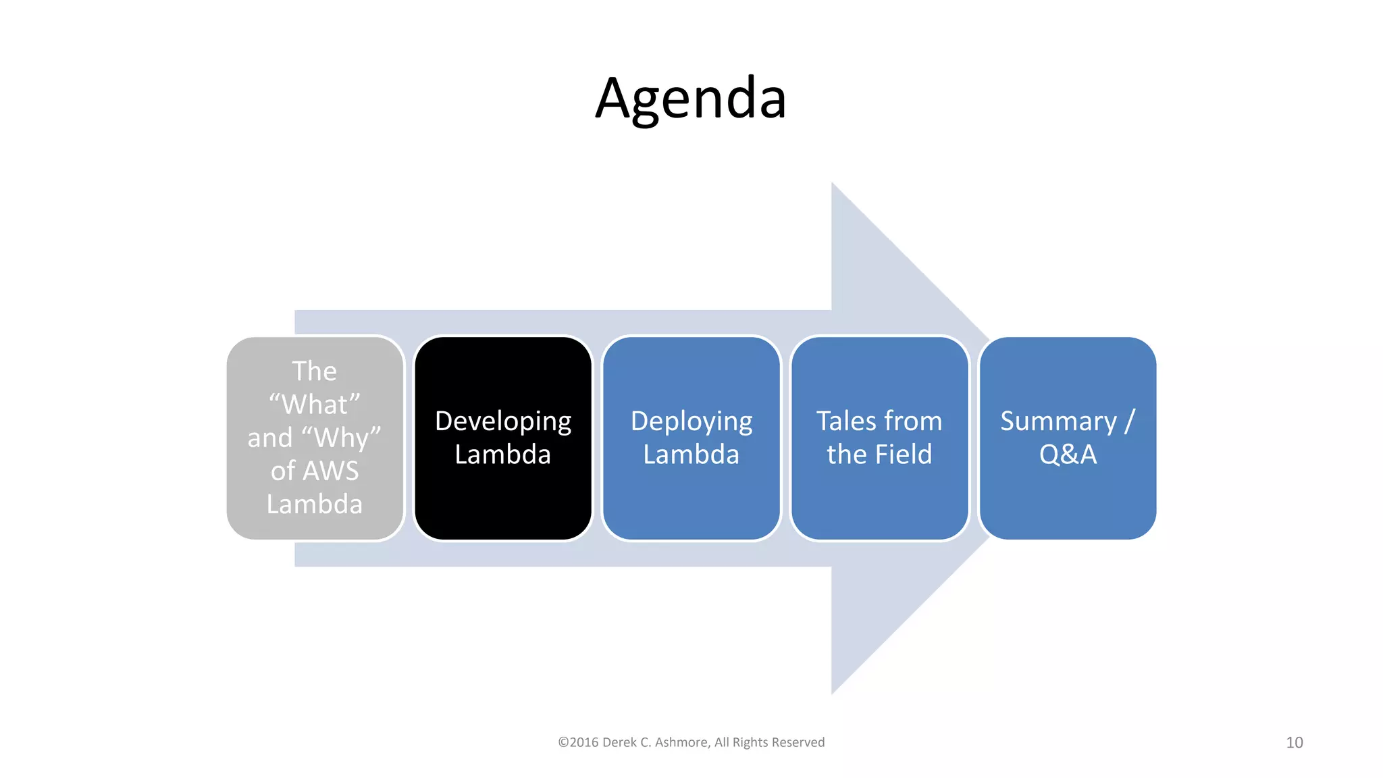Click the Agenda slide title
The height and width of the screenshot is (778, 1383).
coord(691,99)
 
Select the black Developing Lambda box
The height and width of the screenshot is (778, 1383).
coord(503,486)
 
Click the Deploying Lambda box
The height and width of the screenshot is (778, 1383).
coord(691,500)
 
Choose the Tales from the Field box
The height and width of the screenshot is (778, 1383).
coord(879,500)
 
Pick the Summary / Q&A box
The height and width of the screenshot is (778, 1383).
coord(1068,500)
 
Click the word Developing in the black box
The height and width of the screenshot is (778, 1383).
coord(503,421)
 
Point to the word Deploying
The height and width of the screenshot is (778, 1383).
coord(691,421)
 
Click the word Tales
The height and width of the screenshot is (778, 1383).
coord(844,421)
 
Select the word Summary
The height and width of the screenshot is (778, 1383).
coord(1058,421)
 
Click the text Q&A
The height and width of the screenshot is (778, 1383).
coord(1068,455)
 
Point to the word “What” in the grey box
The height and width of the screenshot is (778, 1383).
coord(315,405)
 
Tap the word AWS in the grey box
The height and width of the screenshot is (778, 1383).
coord(331,471)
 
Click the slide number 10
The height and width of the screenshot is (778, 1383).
coord(1294,742)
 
